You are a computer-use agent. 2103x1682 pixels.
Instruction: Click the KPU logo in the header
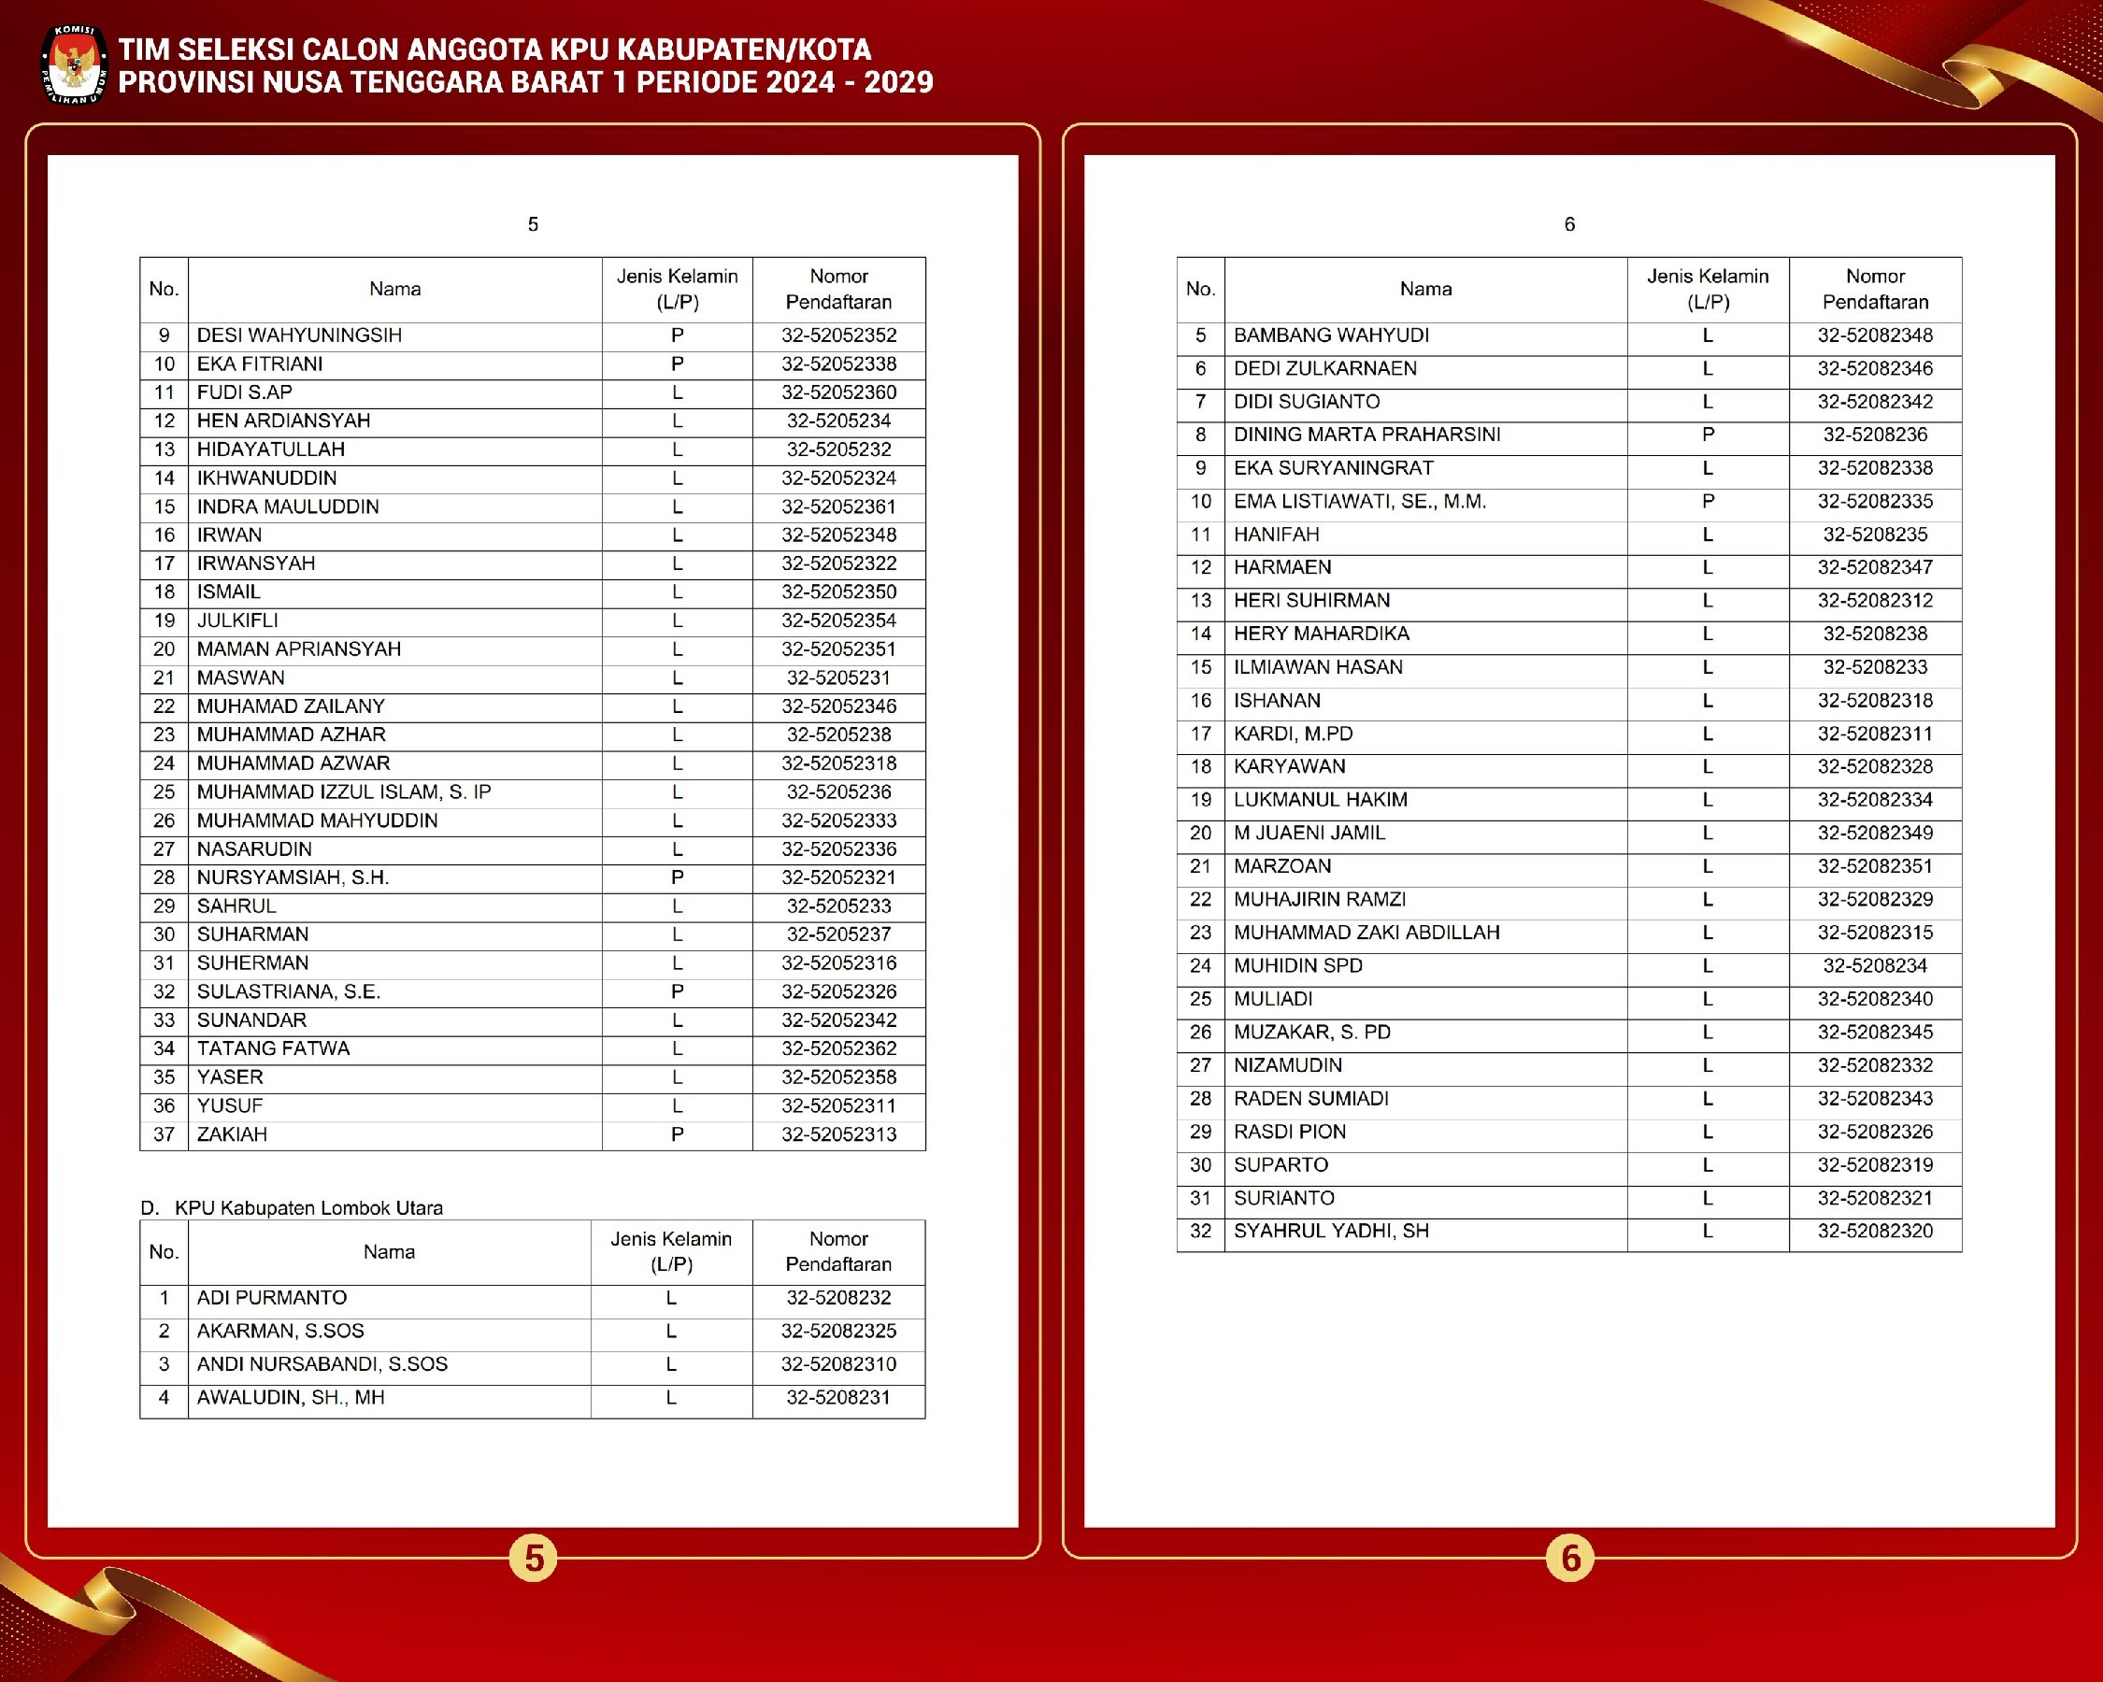(x=74, y=64)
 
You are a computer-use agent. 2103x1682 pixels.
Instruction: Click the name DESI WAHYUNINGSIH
(x=298, y=335)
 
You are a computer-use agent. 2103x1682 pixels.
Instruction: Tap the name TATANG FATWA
(x=273, y=1049)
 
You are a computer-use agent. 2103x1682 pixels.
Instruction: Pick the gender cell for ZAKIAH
(x=677, y=1135)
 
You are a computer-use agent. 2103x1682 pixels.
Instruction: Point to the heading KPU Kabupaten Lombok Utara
(x=308, y=1208)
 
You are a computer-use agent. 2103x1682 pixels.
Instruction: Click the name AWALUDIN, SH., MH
(x=291, y=1398)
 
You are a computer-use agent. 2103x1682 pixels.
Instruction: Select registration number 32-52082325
(x=837, y=1332)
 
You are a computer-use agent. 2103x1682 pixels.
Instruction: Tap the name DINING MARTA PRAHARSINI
(x=1366, y=435)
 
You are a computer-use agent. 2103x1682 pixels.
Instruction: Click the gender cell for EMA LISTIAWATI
(x=1707, y=502)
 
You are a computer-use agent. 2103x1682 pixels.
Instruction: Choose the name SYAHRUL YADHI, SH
(x=1330, y=1232)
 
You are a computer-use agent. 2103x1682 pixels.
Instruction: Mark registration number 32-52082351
(x=1874, y=867)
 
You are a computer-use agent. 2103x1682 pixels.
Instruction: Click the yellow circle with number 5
(x=534, y=1558)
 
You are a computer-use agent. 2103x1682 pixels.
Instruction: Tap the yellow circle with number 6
(x=1569, y=1558)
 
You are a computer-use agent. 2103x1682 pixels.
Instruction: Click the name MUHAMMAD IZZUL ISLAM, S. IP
(x=343, y=792)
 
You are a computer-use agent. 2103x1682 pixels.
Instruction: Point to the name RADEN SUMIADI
(x=1310, y=1099)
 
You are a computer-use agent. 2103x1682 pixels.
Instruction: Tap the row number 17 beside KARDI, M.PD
(x=1200, y=734)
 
